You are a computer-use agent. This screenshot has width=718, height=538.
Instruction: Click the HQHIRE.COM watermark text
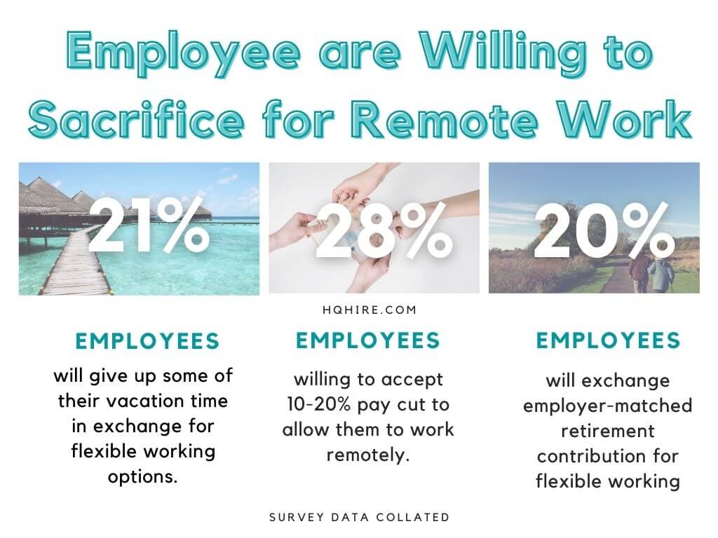(370, 310)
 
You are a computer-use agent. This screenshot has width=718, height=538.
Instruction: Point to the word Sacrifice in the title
(136, 120)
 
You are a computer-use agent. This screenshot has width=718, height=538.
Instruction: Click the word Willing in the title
(503, 55)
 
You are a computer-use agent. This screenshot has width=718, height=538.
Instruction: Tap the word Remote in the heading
(446, 119)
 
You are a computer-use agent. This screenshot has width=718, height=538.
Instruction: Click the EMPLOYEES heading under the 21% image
(147, 341)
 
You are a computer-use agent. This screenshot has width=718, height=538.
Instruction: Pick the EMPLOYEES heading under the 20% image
(608, 340)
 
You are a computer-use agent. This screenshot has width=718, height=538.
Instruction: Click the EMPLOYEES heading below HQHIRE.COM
(367, 340)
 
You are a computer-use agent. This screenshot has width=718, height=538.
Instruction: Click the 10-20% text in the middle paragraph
(319, 405)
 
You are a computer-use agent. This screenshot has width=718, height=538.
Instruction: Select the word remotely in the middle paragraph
(367, 455)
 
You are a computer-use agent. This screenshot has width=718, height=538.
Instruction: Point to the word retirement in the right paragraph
(608, 431)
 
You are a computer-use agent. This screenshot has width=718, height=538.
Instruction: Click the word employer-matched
(608, 406)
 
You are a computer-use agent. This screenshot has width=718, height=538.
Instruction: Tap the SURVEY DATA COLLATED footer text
(360, 518)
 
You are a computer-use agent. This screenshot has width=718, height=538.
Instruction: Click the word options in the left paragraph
(142, 477)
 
